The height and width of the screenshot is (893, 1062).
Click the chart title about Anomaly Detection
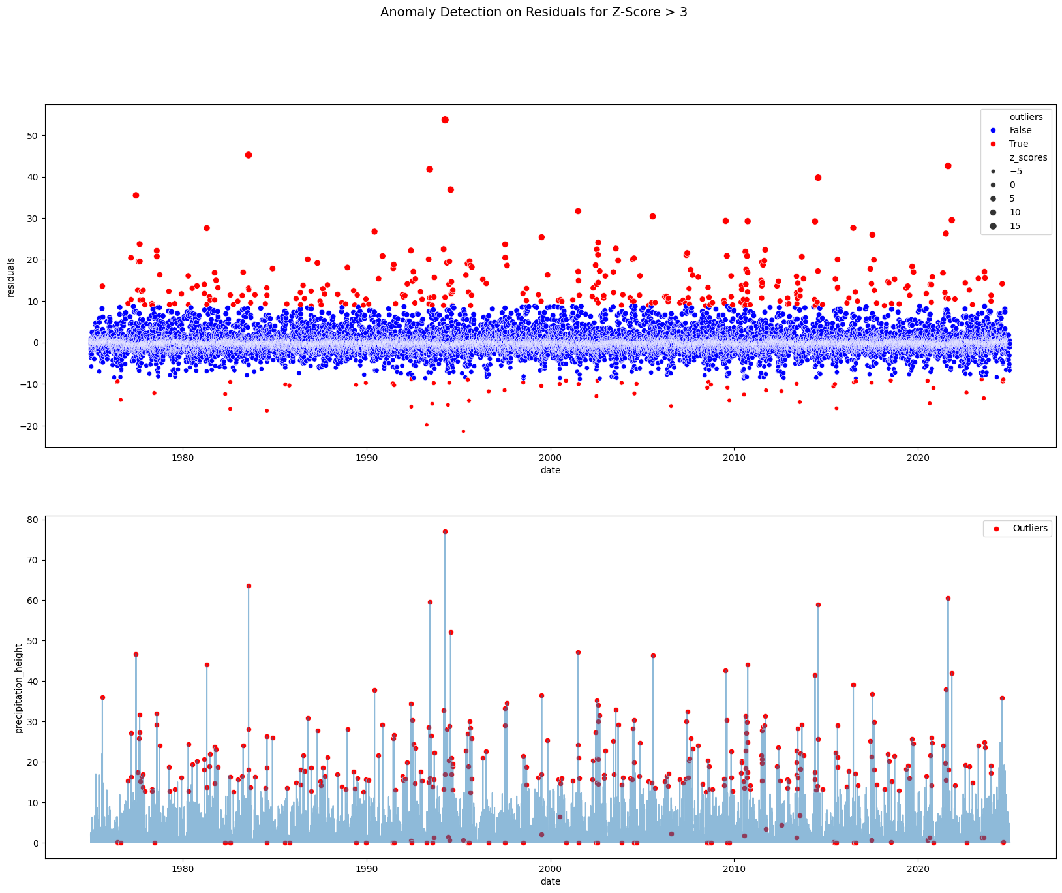(x=534, y=12)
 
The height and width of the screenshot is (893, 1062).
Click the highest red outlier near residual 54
(x=445, y=119)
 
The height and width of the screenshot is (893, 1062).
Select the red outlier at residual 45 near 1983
(x=249, y=155)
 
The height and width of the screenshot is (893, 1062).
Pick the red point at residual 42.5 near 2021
(x=948, y=166)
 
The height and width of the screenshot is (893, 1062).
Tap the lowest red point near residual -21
(x=463, y=431)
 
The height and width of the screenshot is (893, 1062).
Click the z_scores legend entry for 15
(x=1015, y=226)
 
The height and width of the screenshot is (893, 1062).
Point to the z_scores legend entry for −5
(x=1016, y=171)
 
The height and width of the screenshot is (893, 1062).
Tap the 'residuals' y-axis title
(x=10, y=277)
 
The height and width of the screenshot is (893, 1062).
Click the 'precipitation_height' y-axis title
(x=19, y=687)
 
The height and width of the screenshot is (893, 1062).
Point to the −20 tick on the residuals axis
(x=30, y=426)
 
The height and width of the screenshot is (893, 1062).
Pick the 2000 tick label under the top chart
(x=550, y=457)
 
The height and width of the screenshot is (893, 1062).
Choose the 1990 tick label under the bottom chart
(x=366, y=869)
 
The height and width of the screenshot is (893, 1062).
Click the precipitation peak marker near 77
(x=445, y=531)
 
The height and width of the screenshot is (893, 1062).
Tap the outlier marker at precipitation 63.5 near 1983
(x=249, y=586)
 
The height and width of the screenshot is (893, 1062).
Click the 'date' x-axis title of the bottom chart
(x=550, y=881)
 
